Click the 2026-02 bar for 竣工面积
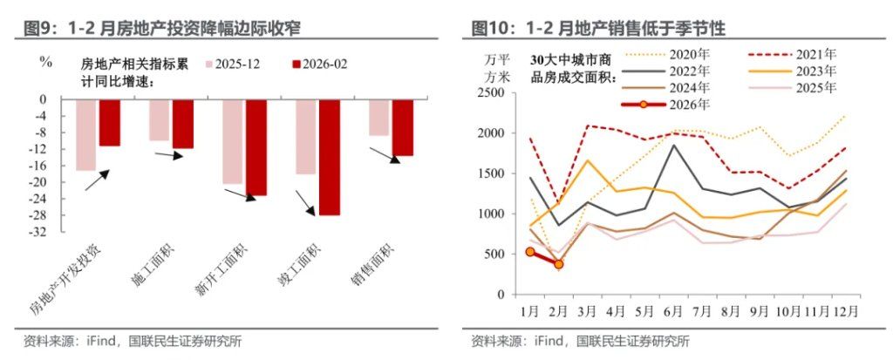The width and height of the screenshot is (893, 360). [329, 157]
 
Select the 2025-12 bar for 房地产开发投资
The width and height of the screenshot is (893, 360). [85, 135]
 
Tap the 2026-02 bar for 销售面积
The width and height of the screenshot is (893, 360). [402, 127]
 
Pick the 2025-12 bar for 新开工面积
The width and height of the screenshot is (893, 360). [232, 141]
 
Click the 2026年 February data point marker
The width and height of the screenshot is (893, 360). [559, 263]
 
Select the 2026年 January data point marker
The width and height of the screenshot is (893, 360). [530, 252]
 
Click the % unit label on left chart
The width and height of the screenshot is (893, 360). [46, 62]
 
